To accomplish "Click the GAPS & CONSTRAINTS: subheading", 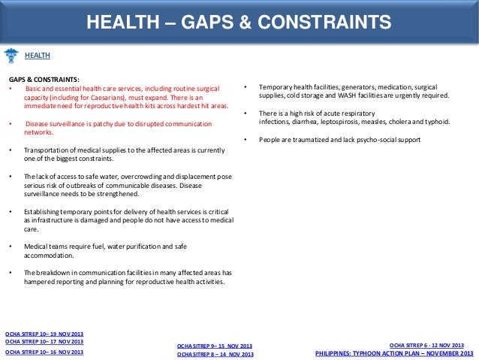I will (x=44, y=79).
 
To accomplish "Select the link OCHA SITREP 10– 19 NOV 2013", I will (x=44, y=332).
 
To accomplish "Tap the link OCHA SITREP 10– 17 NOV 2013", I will (x=44, y=341).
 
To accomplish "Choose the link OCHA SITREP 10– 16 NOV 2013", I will (x=44, y=351).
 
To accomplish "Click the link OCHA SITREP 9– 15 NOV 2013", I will (x=215, y=345).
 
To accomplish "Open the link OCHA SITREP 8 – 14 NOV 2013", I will (x=215, y=354).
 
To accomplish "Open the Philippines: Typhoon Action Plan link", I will (x=394, y=352).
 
